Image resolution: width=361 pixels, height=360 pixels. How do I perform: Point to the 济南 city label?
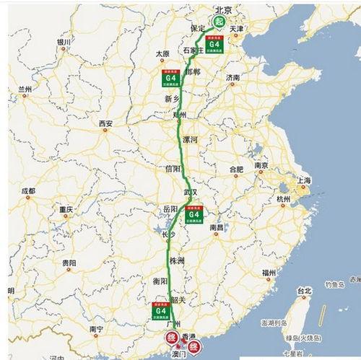click(x=232, y=76)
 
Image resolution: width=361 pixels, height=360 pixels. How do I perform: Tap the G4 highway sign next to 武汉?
click(x=193, y=214)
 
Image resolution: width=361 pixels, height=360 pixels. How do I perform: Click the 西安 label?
click(x=106, y=123)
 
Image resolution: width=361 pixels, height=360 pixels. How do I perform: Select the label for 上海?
click(x=303, y=180)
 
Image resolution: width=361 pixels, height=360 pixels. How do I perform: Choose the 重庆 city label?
click(x=67, y=209)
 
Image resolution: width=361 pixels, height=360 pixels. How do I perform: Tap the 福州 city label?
click(x=270, y=271)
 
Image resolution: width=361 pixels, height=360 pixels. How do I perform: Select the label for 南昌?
click(x=217, y=227)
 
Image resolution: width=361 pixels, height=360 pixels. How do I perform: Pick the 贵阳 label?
click(x=69, y=263)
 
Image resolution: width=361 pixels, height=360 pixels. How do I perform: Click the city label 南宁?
click(x=97, y=328)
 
